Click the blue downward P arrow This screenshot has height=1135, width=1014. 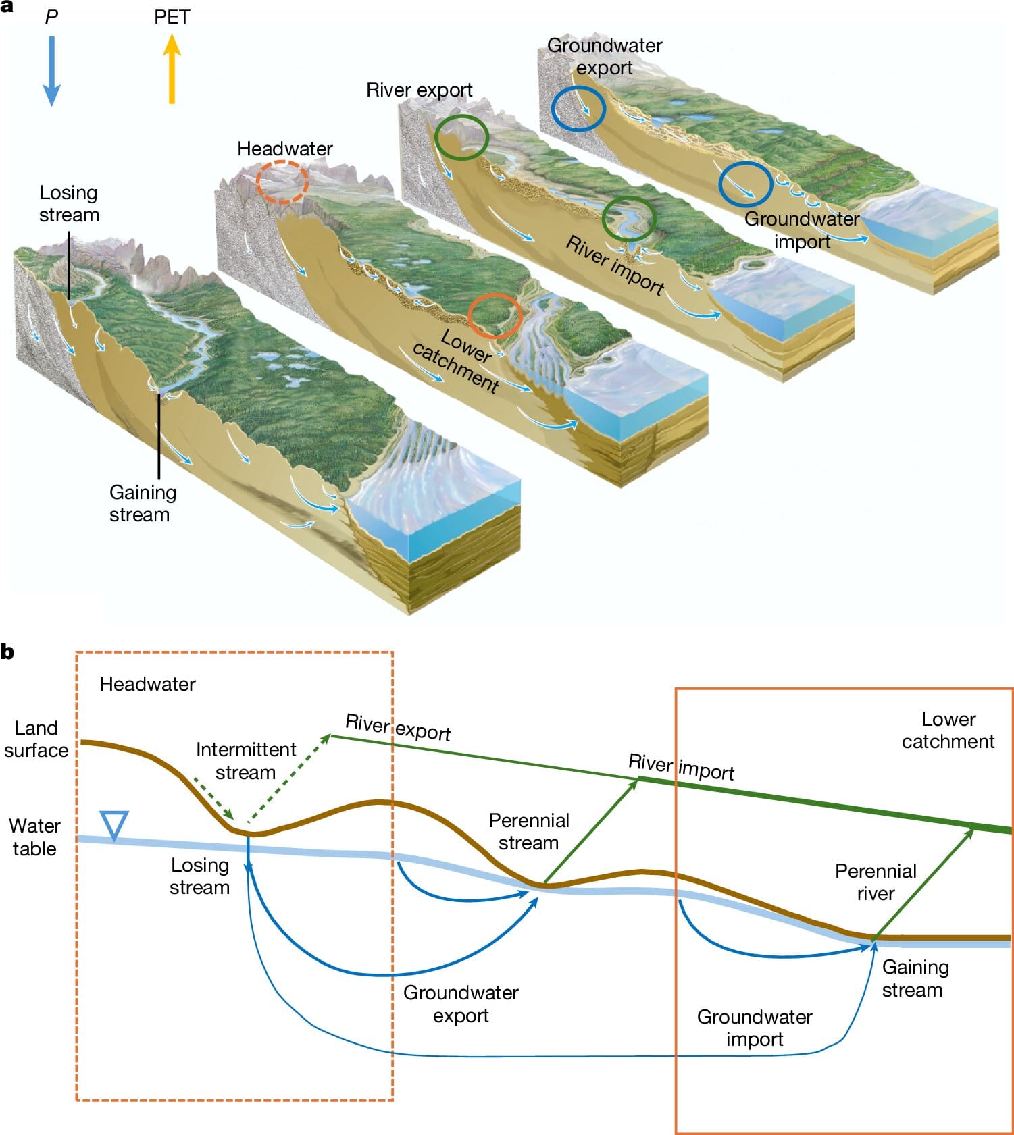tap(51, 71)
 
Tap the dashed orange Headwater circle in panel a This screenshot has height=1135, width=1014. tap(282, 181)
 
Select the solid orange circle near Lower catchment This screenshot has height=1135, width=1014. tap(495, 316)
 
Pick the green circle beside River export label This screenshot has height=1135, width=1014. tap(461, 137)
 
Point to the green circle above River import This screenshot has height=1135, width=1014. tap(628, 219)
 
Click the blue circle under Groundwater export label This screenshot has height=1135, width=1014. tap(578, 108)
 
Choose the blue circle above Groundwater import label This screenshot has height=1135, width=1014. tap(745, 183)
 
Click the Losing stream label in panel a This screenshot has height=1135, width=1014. tap(69, 204)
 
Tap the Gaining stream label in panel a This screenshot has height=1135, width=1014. tap(143, 503)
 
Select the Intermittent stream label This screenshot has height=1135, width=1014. tap(246, 761)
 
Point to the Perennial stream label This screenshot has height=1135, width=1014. tap(529, 831)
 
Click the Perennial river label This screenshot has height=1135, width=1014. tap(876, 882)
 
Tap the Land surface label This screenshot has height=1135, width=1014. tap(36, 739)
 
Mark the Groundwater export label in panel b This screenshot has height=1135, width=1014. tap(461, 1004)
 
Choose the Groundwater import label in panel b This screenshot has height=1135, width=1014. tap(755, 1028)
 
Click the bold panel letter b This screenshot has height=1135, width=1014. tap(7, 652)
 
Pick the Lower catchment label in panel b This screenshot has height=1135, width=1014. tap(948, 730)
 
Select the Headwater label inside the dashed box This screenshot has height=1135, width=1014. tap(147, 684)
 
